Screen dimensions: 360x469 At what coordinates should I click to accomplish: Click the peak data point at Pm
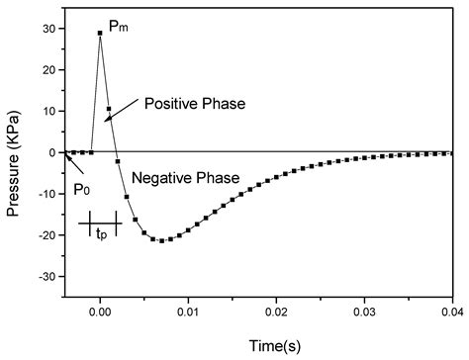coord(100,33)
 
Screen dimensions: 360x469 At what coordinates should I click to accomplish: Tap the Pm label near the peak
coord(118,27)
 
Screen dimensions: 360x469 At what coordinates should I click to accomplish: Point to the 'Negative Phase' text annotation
coord(185,178)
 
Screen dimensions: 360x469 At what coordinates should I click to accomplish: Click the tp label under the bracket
coord(101,236)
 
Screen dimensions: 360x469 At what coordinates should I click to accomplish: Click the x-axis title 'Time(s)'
coord(259,345)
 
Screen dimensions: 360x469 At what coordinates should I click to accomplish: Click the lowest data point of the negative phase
coord(161,240)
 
